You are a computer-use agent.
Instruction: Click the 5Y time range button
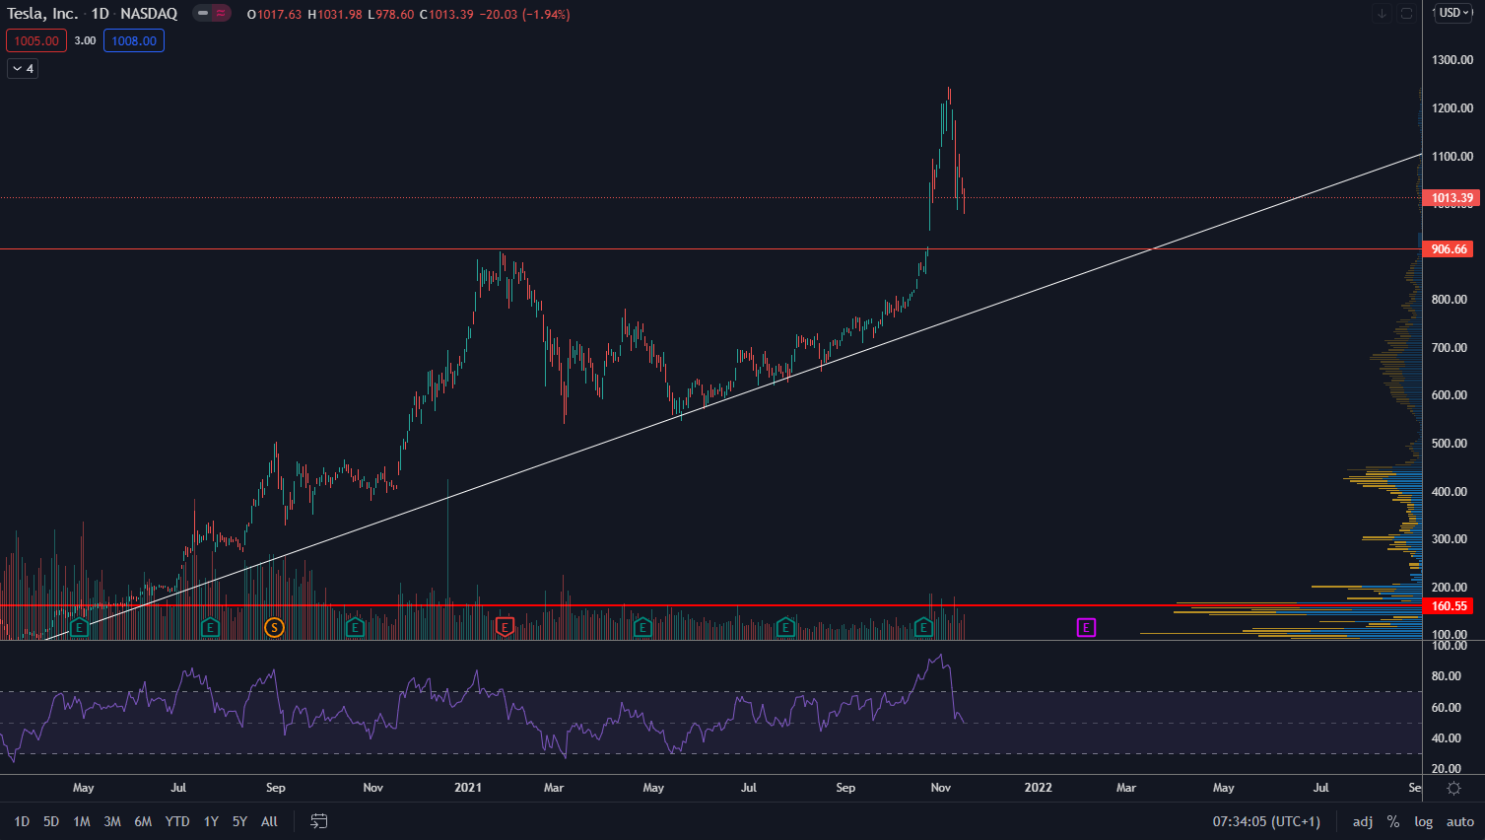[239, 821]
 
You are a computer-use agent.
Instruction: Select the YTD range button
[177, 821]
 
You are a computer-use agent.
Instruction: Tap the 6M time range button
[143, 821]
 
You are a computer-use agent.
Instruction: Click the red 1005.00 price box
[36, 40]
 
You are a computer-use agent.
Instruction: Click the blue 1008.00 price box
[134, 40]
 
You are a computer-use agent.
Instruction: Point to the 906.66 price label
[1449, 249]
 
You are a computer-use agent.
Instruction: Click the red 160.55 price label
[1449, 606]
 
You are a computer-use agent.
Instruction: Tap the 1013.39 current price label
[1451, 198]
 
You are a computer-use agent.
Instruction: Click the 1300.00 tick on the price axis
[1451, 60]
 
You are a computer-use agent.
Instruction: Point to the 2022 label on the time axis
[1038, 788]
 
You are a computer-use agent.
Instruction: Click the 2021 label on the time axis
[468, 788]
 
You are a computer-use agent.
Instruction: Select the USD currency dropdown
[1454, 13]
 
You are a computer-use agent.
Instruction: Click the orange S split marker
[274, 627]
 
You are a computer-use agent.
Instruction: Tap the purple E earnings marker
[1086, 627]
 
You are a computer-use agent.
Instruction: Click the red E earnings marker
[505, 627]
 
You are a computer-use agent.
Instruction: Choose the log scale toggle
[1423, 821]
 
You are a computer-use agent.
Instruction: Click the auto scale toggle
[1459, 821]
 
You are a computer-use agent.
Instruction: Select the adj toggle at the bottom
[1363, 821]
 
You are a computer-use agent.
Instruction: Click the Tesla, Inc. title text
[42, 14]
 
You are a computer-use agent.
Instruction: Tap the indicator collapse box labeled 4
[23, 68]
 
